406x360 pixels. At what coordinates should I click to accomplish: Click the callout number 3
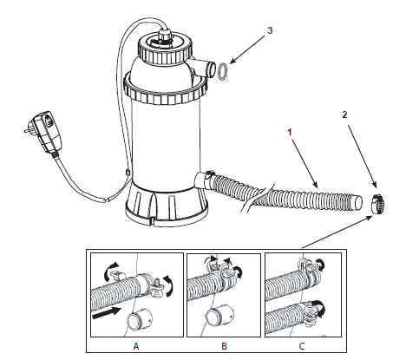(x=270, y=30)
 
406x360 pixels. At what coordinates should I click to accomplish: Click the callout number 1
(x=290, y=133)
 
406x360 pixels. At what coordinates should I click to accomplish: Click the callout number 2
(x=344, y=115)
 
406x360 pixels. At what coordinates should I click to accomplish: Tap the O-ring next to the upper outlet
(x=222, y=71)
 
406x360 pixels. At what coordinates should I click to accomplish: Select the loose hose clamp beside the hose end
(x=377, y=204)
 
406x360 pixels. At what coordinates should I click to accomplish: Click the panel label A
(x=136, y=346)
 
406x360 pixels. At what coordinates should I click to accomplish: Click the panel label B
(x=224, y=346)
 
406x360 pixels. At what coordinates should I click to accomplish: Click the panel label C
(x=302, y=346)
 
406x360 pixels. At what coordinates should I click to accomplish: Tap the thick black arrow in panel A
(x=106, y=313)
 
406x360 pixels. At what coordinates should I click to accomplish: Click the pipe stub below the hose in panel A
(x=141, y=320)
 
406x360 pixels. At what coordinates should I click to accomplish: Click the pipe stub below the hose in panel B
(x=219, y=320)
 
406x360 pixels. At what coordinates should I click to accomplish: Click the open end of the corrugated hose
(x=357, y=202)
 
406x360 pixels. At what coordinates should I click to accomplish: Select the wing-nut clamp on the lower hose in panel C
(x=312, y=313)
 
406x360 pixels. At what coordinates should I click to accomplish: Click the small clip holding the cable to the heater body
(x=128, y=173)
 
